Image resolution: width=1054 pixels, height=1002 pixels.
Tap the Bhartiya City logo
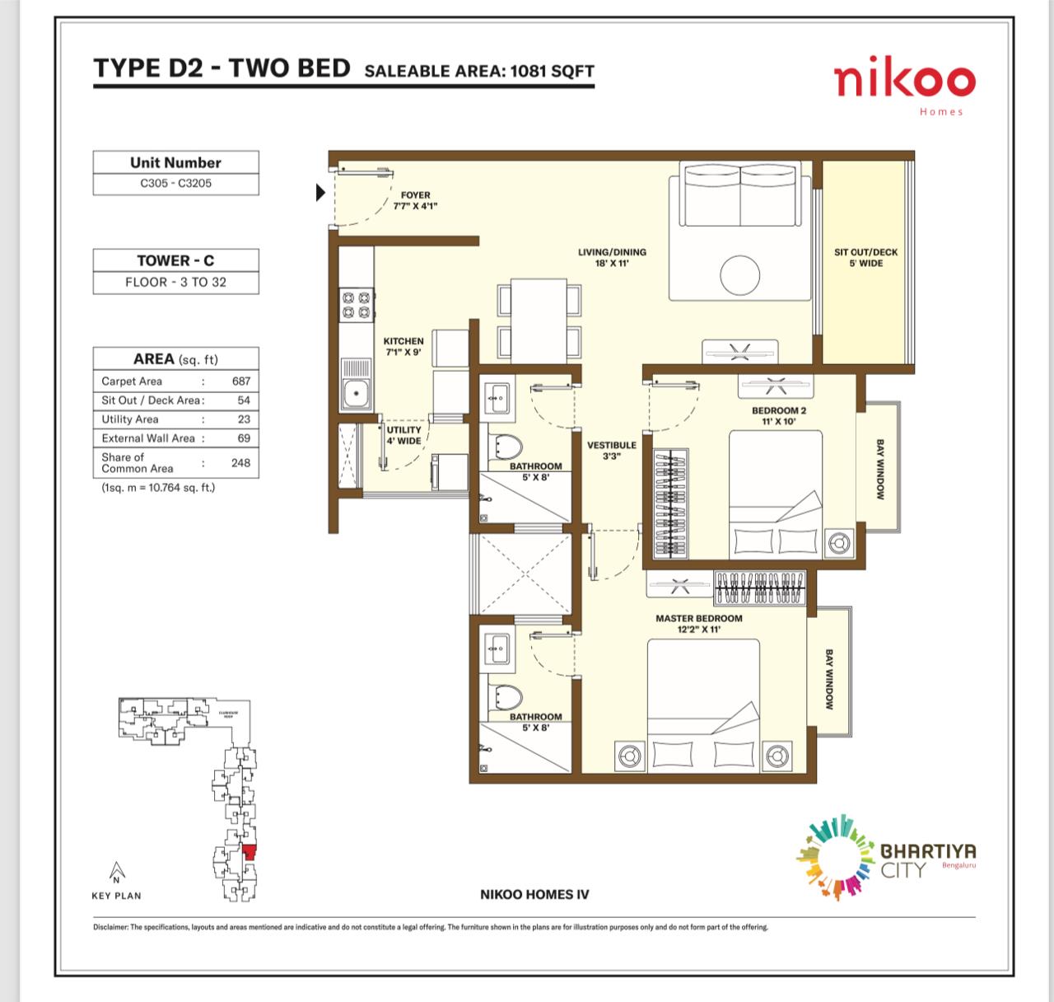coord(884,857)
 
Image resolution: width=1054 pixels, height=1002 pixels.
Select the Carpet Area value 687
coord(240,382)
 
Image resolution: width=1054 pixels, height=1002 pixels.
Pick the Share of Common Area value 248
coord(240,462)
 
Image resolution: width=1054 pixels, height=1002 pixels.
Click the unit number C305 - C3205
coord(175,183)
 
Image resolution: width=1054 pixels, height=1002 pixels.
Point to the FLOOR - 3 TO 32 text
coord(175,282)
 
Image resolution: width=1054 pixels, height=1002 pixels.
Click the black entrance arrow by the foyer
coord(320,194)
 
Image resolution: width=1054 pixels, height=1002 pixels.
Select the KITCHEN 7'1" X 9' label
coord(403,346)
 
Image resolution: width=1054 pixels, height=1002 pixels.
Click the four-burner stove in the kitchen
coord(354,303)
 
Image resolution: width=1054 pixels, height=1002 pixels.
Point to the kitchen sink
coord(356,393)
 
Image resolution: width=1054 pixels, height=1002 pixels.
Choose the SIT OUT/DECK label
coord(865,257)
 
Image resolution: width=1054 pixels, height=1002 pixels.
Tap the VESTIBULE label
coord(611,450)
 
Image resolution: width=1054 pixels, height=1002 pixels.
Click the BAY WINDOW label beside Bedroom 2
coord(879,469)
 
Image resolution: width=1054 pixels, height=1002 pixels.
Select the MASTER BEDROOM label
coord(698,623)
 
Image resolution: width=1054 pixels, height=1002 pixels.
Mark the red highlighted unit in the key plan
coord(249,851)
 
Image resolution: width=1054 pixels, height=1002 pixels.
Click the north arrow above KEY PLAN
coord(117,872)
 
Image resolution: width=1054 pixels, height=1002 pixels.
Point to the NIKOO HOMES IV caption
coord(534,894)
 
